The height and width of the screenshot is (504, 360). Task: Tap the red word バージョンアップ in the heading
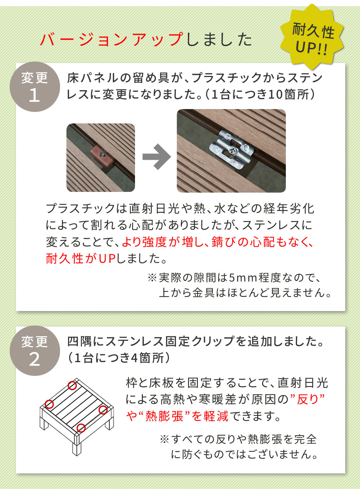click(112, 39)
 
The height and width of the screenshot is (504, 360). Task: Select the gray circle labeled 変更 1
click(35, 87)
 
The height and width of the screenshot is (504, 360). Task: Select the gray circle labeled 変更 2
click(35, 351)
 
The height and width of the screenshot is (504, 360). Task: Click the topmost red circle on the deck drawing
click(72, 386)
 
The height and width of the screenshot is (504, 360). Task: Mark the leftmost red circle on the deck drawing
click(49, 404)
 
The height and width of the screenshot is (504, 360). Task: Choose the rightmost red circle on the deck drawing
click(103, 410)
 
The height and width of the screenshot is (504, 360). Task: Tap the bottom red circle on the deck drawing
click(81, 428)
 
